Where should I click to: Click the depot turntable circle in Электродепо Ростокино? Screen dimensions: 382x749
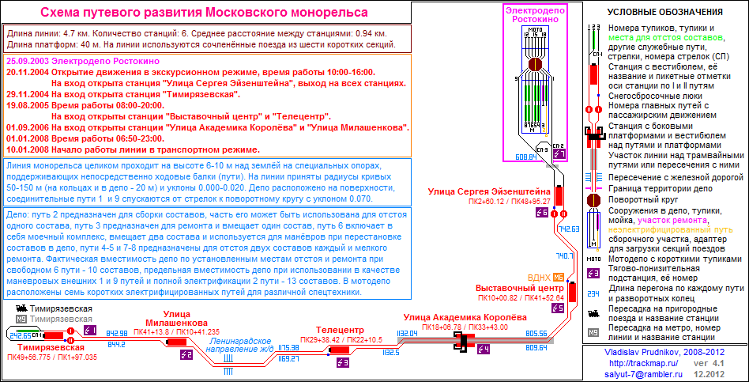(x=535, y=66)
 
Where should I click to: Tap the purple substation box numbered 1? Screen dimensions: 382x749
(x=89, y=330)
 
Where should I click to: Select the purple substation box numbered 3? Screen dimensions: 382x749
(x=342, y=362)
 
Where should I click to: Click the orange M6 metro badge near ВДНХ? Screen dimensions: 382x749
(x=559, y=277)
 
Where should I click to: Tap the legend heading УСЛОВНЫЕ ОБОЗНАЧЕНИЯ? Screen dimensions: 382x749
(x=665, y=12)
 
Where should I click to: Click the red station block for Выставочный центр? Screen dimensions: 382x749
(x=559, y=297)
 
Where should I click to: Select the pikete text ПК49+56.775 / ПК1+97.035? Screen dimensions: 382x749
(x=51, y=357)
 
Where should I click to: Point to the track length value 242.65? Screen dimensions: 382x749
(x=20, y=335)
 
